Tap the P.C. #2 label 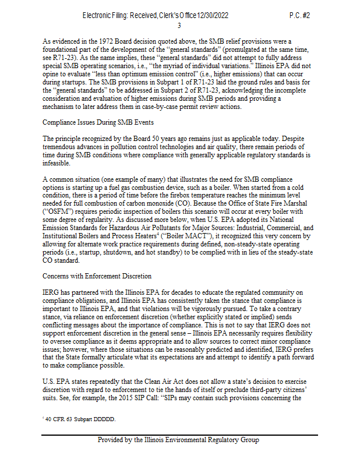click(x=299, y=15)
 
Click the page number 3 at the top click(x=179, y=26)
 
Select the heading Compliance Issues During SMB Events click(x=98, y=123)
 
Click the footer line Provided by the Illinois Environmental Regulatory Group click(x=178, y=440)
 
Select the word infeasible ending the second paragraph click(x=57, y=164)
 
